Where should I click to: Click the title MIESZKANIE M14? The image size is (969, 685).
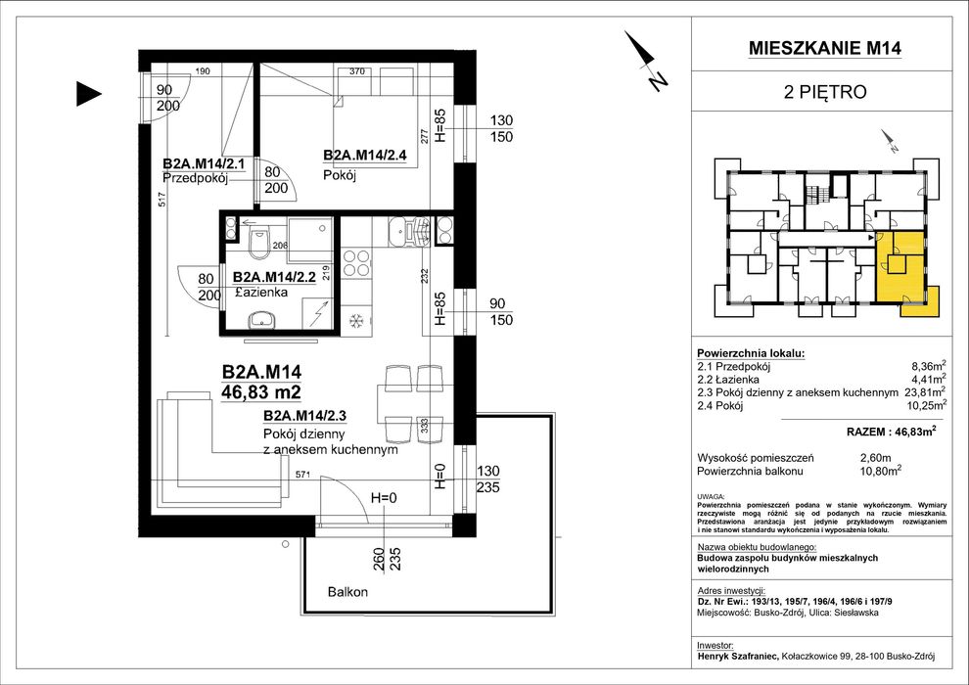tap(825, 48)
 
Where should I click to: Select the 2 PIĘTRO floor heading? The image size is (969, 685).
tap(825, 93)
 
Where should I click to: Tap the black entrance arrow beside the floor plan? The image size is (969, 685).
tap(88, 94)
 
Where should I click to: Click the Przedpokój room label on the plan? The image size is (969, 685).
tap(196, 178)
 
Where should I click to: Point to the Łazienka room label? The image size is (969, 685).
tap(261, 293)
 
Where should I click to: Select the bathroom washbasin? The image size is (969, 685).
tap(262, 321)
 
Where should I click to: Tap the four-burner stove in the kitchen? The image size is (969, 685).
tap(356, 262)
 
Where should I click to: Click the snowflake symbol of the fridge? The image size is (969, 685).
tap(355, 321)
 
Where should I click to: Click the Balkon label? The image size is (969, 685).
tap(347, 592)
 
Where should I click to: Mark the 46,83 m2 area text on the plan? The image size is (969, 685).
tap(261, 391)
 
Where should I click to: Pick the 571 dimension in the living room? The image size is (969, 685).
tap(302, 475)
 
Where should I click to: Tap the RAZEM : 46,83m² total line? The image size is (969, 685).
tap(891, 432)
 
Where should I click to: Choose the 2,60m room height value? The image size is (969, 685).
tap(876, 458)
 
